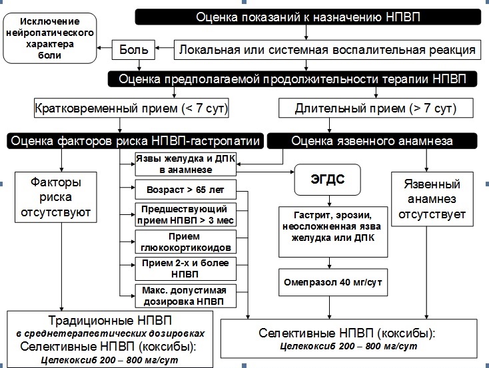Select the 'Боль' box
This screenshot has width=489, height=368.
pos(139,49)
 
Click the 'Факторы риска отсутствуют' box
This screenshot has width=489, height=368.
pos(60,198)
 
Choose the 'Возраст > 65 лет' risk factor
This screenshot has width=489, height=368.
pos(185,190)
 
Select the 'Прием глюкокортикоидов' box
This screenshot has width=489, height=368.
pos(185,242)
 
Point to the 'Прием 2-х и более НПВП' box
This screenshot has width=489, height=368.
pos(185,268)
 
